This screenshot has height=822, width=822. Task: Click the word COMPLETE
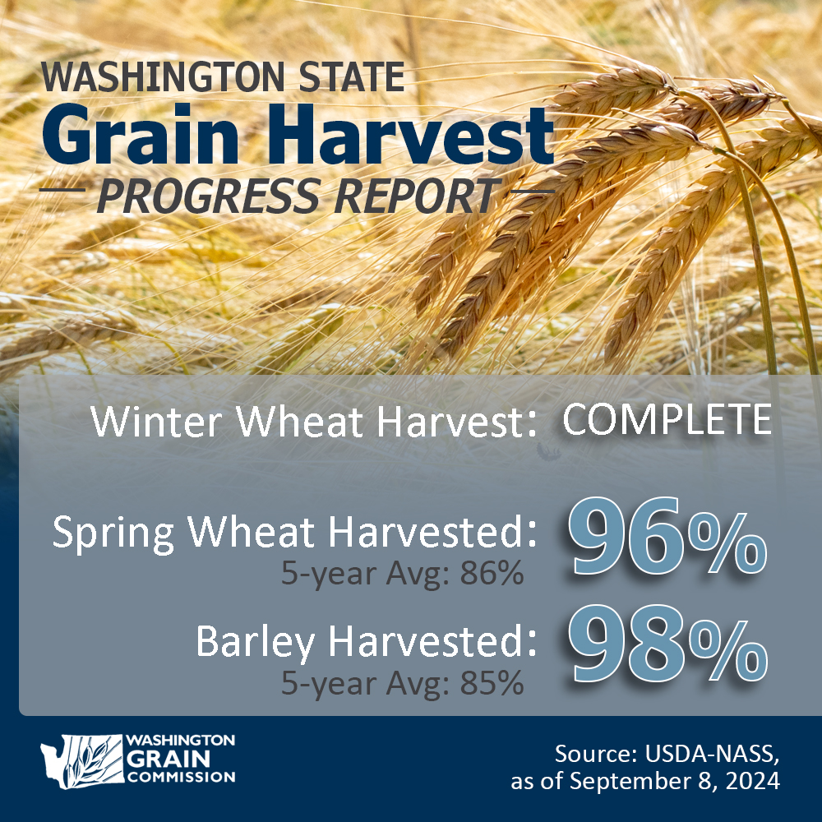[667, 420]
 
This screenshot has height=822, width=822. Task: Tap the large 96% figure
[666, 538]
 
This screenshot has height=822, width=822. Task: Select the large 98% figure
[666, 645]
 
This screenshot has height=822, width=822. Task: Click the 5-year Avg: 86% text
[402, 574]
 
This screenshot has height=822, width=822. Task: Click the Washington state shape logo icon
[79, 758]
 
